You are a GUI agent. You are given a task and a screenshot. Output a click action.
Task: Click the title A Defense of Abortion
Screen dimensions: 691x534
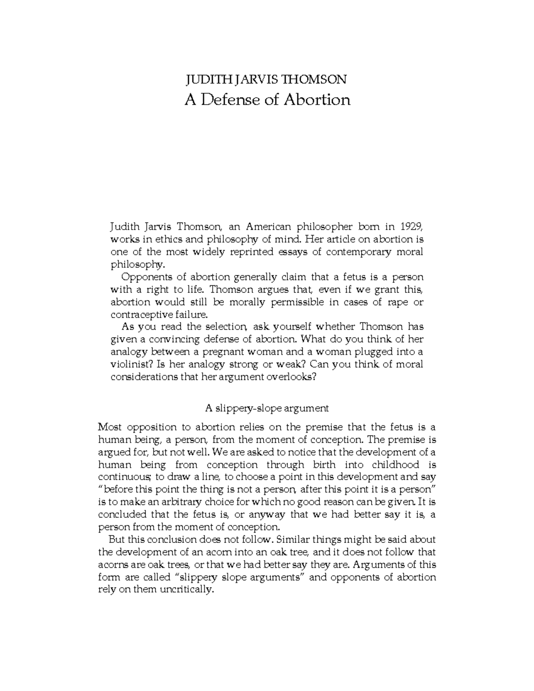(267, 100)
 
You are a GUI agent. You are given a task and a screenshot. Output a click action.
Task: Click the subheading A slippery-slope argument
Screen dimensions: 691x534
(267, 408)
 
